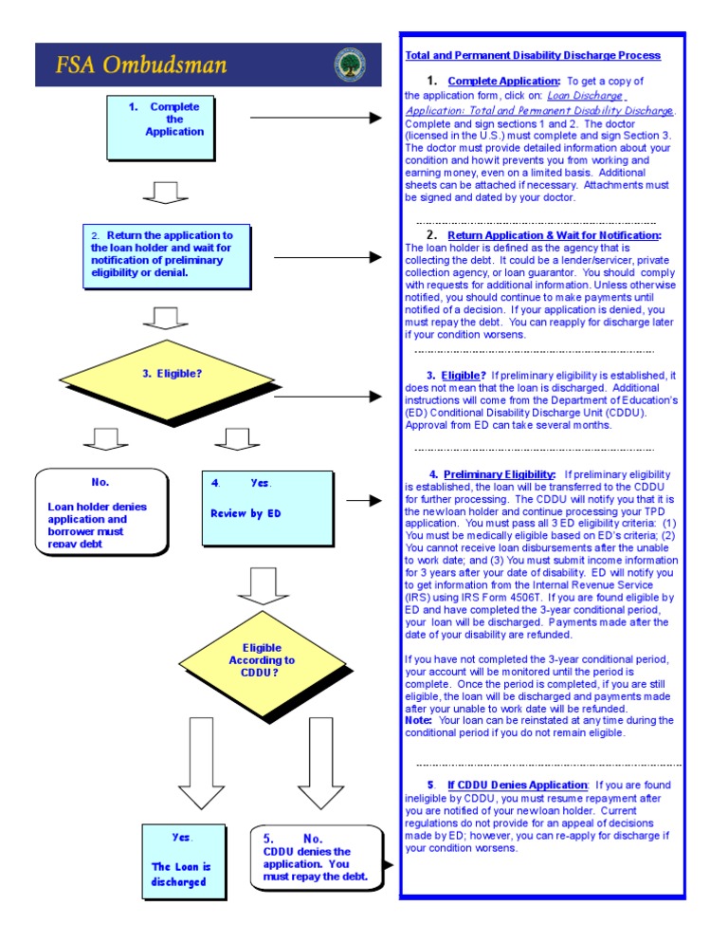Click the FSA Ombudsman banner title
141,65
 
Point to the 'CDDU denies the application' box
318,858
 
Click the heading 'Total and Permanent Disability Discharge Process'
533,56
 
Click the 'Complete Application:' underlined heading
504,82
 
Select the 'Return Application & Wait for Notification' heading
555,235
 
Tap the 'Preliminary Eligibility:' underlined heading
500,474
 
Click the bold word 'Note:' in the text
418,720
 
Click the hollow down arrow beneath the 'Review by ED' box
262,586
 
